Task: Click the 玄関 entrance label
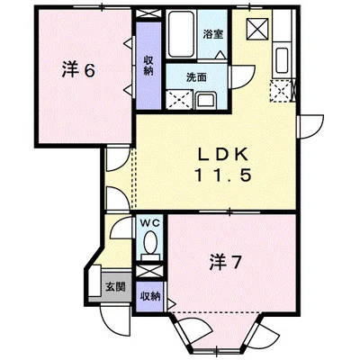coord(114,286)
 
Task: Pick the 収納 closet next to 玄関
coord(149,295)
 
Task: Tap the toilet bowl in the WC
coord(149,242)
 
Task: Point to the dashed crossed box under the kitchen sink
coord(283,90)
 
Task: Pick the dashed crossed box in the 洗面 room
coord(179,101)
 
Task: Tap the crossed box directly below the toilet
coord(148,269)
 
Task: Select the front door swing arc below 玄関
coord(112,319)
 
